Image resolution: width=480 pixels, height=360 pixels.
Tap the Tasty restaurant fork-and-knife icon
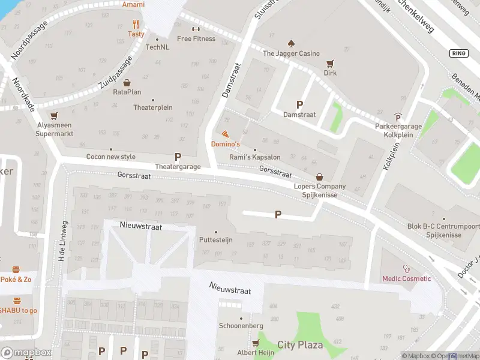[136, 25]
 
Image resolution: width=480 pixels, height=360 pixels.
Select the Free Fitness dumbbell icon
[196, 29]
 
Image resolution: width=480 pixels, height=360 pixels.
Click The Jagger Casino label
[292, 53]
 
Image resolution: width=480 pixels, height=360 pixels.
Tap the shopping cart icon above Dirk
[329, 63]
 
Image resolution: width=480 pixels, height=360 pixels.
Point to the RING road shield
[458, 53]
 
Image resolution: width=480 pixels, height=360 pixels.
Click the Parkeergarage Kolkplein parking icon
[398, 117]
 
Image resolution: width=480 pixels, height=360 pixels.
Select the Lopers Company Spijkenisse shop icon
[319, 177]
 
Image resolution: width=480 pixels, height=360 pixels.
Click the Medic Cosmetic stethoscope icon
[407, 269]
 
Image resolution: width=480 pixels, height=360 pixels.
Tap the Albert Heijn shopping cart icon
[256, 343]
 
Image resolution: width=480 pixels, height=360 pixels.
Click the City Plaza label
[300, 345]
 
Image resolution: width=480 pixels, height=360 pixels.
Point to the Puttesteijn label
[216, 240]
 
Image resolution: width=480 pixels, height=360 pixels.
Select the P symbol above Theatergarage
[178, 157]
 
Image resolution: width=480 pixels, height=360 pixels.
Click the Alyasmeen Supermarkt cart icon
[55, 115]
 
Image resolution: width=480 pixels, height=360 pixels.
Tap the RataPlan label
[127, 92]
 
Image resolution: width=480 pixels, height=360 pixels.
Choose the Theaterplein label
[153, 108]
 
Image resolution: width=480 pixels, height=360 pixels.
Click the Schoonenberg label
[241, 325]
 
